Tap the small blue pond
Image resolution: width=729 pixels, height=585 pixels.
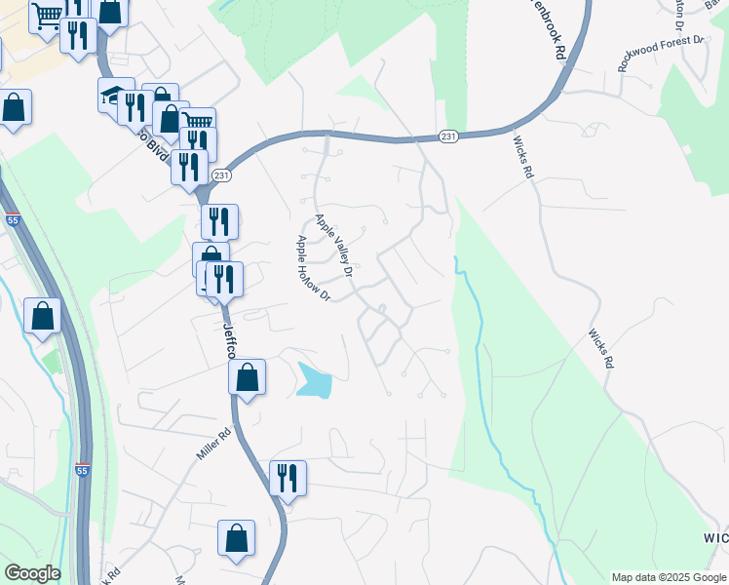tap(314, 380)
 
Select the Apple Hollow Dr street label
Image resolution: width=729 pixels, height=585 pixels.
tap(314, 268)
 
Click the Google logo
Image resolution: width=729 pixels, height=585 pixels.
tap(32, 573)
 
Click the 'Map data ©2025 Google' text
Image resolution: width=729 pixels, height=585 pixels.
tap(669, 577)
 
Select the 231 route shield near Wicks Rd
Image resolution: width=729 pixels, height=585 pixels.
tap(447, 136)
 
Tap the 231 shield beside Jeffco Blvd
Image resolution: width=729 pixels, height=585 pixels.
tap(222, 175)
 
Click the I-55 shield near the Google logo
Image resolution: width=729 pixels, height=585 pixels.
tap(85, 470)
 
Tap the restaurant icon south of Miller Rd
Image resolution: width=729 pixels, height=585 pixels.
tap(288, 478)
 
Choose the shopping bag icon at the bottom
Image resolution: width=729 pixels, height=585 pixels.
tap(236, 537)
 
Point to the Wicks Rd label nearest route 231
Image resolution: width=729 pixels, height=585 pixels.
tap(523, 156)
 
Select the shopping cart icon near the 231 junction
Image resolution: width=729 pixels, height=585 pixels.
tap(198, 123)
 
